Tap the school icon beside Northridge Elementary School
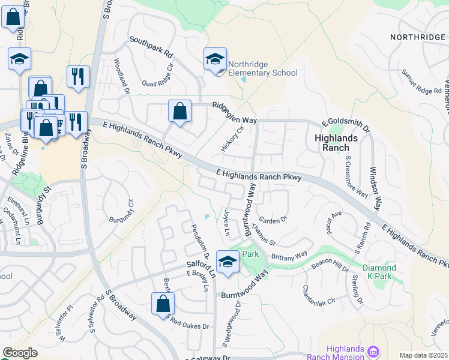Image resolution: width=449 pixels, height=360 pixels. click(215, 59)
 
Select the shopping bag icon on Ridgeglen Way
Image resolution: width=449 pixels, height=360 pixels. click(179, 111)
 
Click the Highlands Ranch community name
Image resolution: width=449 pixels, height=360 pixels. click(336, 142)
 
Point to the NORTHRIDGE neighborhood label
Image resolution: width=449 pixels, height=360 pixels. click(417, 37)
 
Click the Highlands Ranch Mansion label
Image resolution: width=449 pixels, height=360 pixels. click(344, 353)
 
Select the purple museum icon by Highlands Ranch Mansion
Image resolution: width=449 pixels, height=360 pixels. click(373, 350)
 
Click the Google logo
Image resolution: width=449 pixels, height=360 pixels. click(20, 353)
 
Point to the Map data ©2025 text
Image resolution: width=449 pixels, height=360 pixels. click(423, 355)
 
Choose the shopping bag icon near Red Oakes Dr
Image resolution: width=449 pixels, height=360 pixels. click(163, 304)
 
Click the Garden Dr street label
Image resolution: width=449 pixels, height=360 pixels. click(273, 220)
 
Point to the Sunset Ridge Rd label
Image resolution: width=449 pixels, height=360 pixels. click(421, 86)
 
